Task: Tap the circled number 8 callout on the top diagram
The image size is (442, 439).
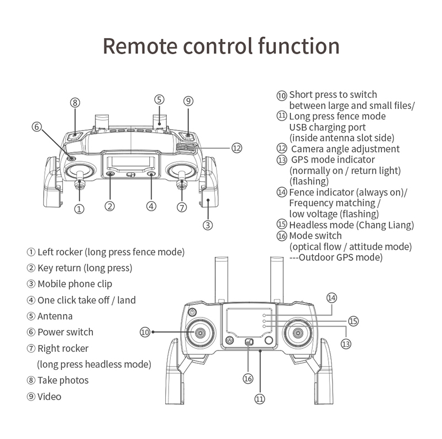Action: pos(75,102)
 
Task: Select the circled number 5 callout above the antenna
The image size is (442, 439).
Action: pos(159,100)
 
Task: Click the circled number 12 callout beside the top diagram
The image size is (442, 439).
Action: pos(236,148)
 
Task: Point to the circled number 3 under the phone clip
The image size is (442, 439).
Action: pos(207,224)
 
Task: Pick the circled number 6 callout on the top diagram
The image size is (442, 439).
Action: pos(36,126)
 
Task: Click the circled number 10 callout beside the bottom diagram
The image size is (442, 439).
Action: pos(145,332)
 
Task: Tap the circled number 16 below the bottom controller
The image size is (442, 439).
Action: pos(248,378)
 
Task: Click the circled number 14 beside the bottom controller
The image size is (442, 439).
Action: pos(331,297)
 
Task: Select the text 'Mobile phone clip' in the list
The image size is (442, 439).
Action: pos(75,284)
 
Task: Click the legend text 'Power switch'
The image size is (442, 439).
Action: pos(65,332)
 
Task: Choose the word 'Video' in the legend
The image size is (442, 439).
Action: pos(49,396)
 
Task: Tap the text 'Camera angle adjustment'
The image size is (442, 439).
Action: pos(345,149)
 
